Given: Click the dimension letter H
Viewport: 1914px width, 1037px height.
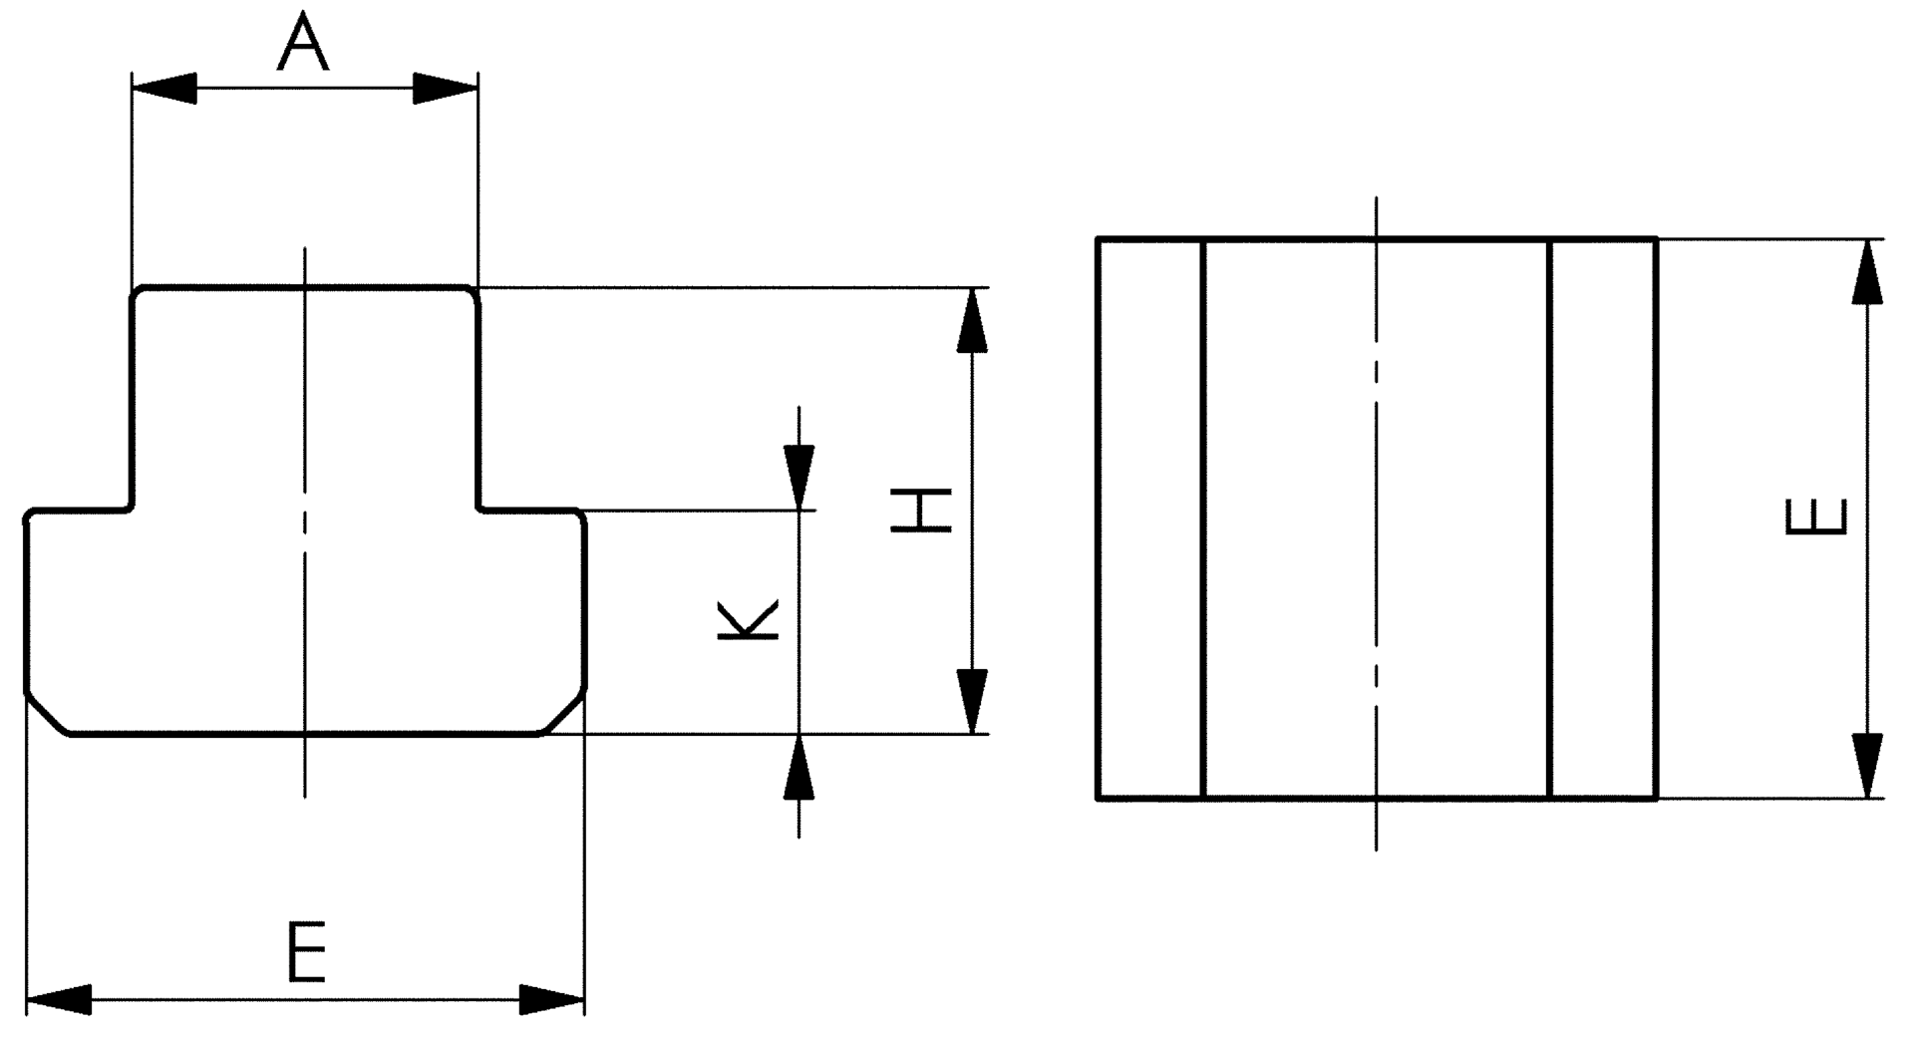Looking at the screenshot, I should click(920, 511).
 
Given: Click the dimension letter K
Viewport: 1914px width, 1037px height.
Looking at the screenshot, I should click(748, 620).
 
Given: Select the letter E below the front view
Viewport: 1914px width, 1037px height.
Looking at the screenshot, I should click(306, 953).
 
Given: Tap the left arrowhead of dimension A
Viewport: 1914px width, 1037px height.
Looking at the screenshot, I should click(164, 88).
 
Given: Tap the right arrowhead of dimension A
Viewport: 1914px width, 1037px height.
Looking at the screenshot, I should click(446, 88).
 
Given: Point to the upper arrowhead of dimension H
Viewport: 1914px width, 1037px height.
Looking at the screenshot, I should click(971, 321).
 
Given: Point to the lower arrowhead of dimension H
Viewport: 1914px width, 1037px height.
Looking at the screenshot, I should click(971, 701).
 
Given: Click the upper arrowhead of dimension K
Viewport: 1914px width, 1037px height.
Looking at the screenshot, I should click(798, 477).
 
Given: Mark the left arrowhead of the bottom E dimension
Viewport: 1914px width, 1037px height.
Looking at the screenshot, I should click(59, 999).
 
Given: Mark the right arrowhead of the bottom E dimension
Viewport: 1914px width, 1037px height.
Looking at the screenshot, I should click(551, 999).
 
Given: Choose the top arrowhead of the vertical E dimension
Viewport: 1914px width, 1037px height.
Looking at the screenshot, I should click(1867, 272).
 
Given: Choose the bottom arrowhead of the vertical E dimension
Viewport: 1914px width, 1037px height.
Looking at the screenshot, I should click(1867, 765).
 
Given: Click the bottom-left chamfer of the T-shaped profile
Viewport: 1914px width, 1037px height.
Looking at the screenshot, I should click(47, 712).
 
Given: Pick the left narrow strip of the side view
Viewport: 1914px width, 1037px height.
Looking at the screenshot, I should click(1151, 518).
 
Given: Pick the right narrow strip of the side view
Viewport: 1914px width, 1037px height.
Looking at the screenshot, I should click(1604, 518).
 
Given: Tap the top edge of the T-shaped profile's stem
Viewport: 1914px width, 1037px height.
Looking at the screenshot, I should click(305, 287).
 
